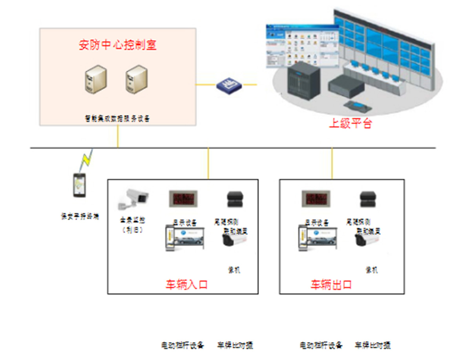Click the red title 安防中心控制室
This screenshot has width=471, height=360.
pos(118,45)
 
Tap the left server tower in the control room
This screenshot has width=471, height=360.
pos(96,80)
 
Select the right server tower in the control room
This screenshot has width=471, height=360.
pos(137,80)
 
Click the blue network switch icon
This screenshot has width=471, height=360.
pos(229,85)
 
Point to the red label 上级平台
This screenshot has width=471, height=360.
pos(350,124)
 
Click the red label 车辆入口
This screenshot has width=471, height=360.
pos(186,284)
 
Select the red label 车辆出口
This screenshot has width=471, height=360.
pos(331,284)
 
